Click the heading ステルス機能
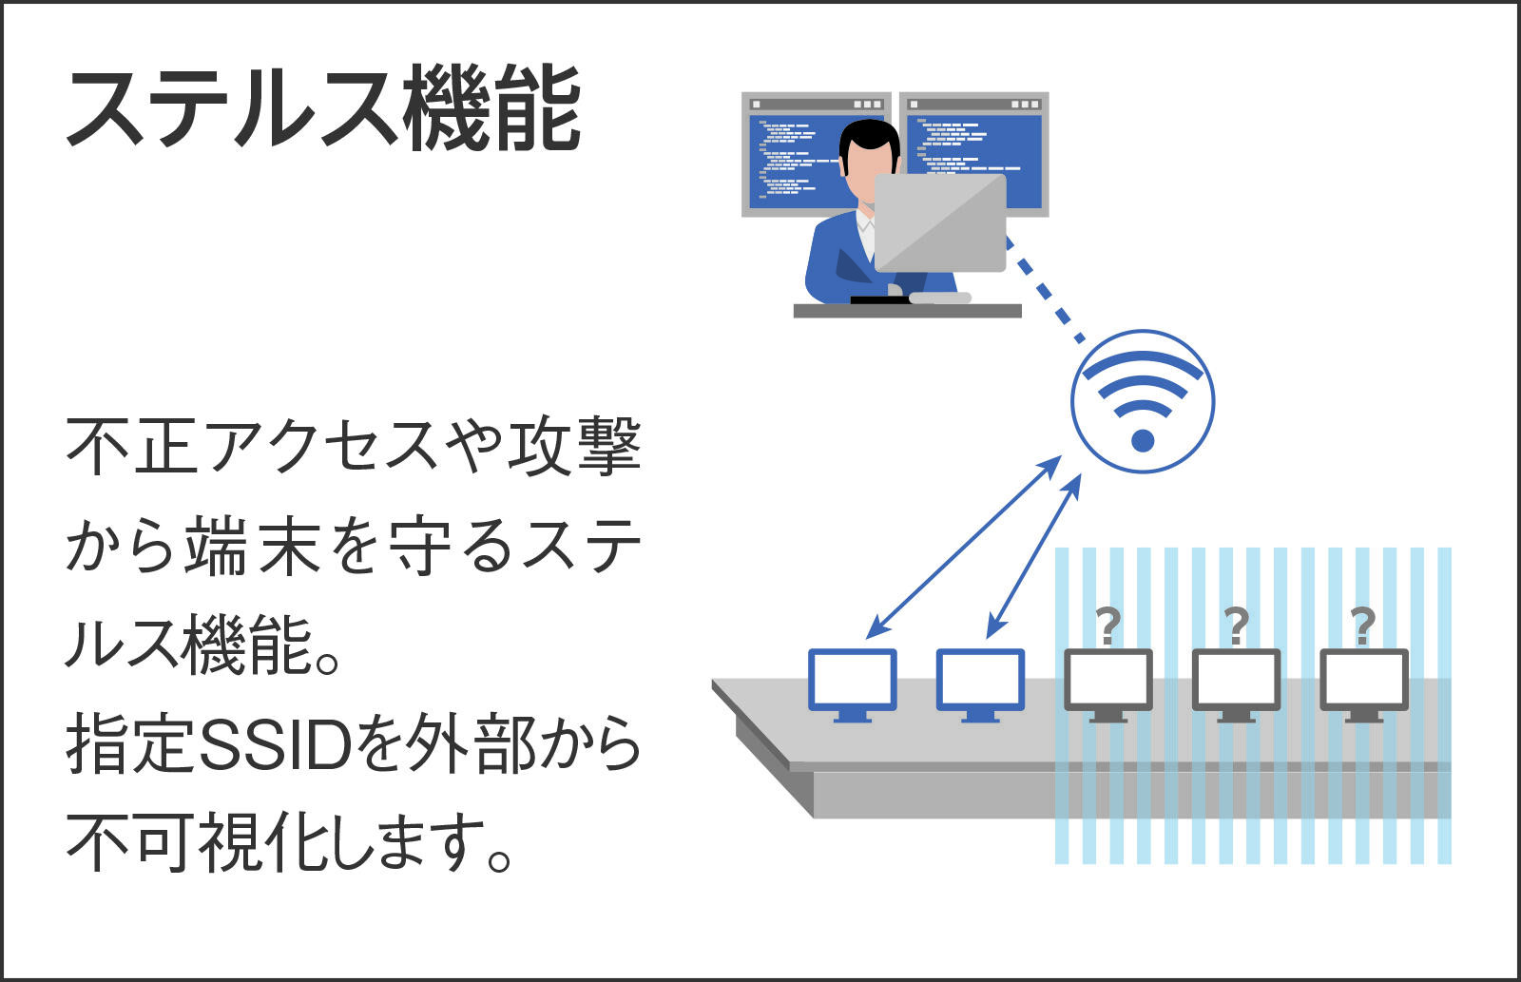323,107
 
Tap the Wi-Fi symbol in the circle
1143,401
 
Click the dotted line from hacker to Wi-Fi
1045,289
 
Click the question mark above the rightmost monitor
1363,626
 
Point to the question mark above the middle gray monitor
1236,626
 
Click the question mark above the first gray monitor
1108,626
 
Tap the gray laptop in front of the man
940,222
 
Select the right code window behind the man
974,136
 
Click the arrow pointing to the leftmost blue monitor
964,548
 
